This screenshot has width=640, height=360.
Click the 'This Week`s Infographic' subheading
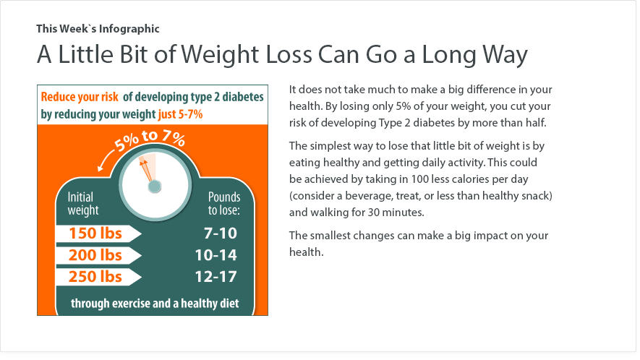[x=98, y=29]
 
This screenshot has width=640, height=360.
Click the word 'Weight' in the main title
[x=220, y=55]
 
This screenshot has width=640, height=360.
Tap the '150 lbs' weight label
[x=95, y=233]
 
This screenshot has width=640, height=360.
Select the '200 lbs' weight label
[x=95, y=255]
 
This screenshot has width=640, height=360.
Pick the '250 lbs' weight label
[x=95, y=277]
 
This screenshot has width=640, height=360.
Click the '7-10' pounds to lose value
[x=221, y=233]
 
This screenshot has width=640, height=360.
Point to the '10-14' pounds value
[x=216, y=255]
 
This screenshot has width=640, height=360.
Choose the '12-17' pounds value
[x=216, y=277]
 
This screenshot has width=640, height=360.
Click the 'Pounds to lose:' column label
[x=224, y=203]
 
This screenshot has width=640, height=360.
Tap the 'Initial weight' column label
[x=83, y=203]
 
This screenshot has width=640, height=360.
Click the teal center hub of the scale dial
[x=155, y=187]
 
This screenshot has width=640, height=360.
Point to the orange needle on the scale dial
[x=147, y=170]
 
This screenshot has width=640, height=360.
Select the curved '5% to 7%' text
[x=150, y=139]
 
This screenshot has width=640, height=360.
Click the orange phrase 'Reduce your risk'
[x=79, y=97]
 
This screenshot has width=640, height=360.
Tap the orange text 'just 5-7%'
[x=180, y=114]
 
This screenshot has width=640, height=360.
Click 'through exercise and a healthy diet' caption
[x=155, y=304]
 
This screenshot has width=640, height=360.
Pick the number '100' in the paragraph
[x=419, y=179]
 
